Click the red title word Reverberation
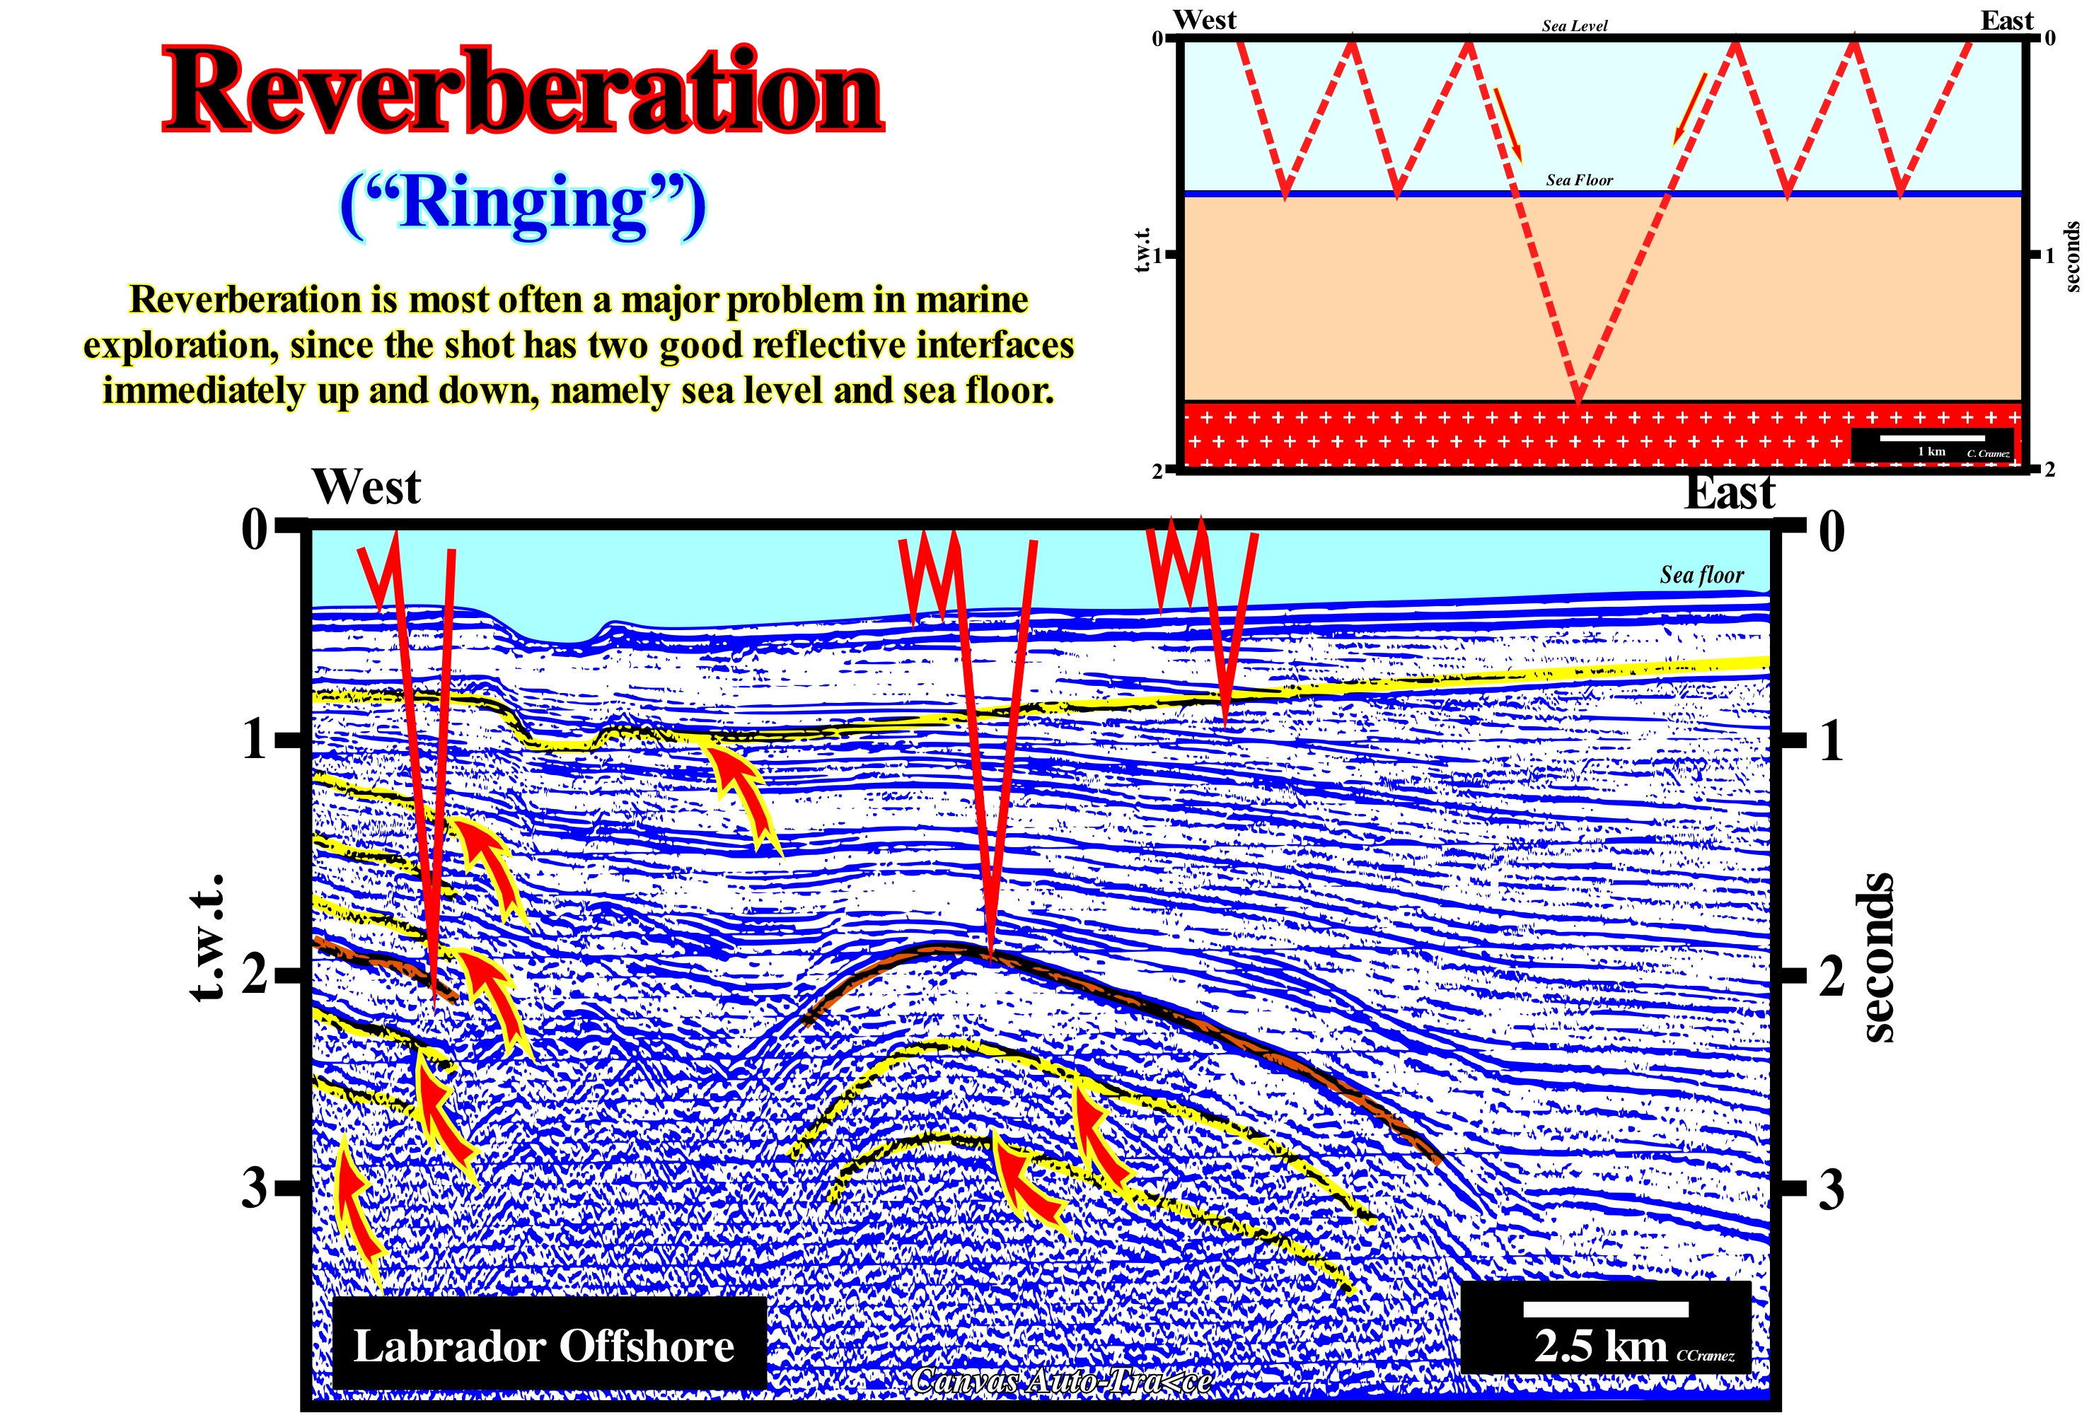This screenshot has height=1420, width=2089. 523,91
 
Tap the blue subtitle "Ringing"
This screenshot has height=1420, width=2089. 523,205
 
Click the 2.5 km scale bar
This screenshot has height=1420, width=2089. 1605,1310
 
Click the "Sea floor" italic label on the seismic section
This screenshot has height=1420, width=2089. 1701,574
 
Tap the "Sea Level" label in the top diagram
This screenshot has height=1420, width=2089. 1575,26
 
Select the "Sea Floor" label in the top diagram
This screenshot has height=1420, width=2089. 1580,180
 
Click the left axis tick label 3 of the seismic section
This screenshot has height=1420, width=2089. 255,1187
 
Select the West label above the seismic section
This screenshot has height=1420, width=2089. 366,487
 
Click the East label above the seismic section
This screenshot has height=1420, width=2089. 1730,492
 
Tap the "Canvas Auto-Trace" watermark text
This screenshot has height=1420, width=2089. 1060,1380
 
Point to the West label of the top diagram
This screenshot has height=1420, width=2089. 1205,20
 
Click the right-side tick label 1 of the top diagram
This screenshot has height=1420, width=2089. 2050,255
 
